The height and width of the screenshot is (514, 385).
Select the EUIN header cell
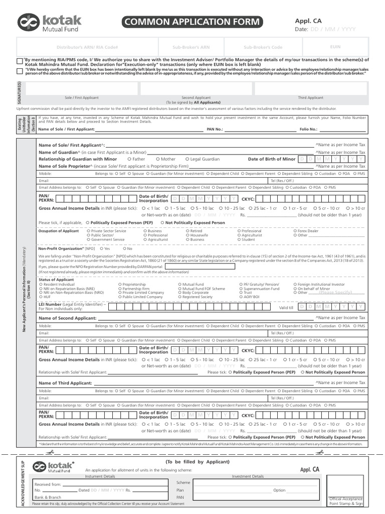[335, 47]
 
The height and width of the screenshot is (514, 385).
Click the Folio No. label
[308, 129]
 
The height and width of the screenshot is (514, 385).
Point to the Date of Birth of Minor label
[272, 159]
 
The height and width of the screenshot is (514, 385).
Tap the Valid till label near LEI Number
[286, 307]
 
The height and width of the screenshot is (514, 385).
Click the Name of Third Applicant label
[65, 383]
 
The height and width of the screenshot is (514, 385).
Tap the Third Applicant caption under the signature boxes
[310, 98]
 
